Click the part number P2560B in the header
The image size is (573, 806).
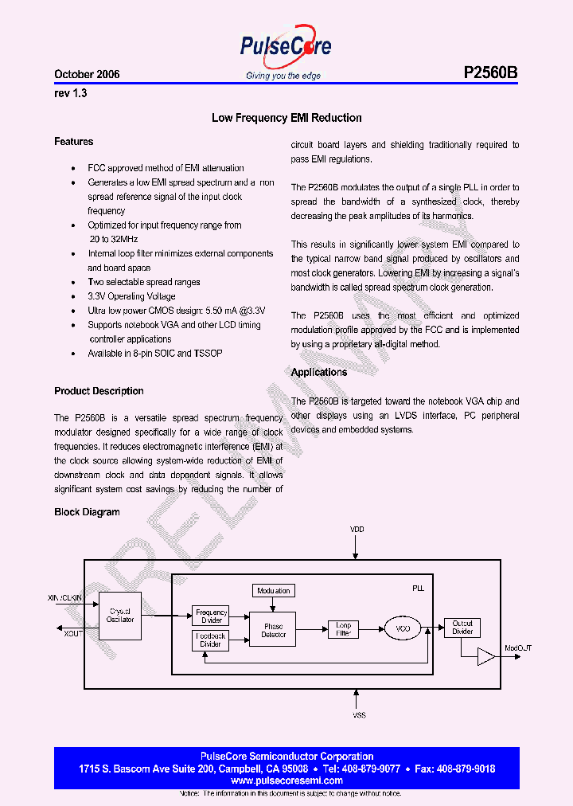pyautogui.click(x=490, y=73)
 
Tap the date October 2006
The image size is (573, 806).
pyautogui.click(x=87, y=74)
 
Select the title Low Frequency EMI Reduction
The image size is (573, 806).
pyautogui.click(x=286, y=118)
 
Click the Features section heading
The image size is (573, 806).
pyautogui.click(x=73, y=142)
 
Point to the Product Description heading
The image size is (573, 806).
pyautogui.click(x=99, y=391)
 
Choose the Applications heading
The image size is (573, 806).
pyautogui.click(x=319, y=373)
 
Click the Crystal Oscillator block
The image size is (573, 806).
pyautogui.click(x=120, y=615)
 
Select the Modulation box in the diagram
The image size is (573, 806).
pyautogui.click(x=273, y=590)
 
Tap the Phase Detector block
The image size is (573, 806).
pyautogui.click(x=273, y=631)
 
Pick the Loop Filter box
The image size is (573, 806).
pyautogui.click(x=343, y=629)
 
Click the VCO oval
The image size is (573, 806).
pyautogui.click(x=403, y=629)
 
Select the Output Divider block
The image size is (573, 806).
pyautogui.click(x=462, y=628)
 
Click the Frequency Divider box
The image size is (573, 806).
pyautogui.click(x=211, y=616)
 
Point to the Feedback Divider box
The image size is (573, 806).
pyautogui.click(x=211, y=640)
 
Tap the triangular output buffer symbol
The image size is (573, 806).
pyautogui.click(x=485, y=656)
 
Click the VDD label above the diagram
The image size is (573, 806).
pyautogui.click(x=357, y=530)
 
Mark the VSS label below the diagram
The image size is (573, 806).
pyautogui.click(x=359, y=716)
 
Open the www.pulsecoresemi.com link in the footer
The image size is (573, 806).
pyautogui.click(x=286, y=781)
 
